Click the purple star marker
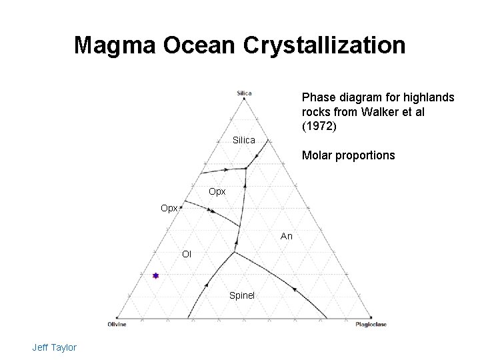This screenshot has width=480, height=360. point(155,275)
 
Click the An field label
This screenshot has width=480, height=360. point(287,236)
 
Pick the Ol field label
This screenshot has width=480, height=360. point(187,253)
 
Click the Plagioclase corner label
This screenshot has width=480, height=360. point(371,325)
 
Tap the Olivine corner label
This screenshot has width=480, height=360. point(117,325)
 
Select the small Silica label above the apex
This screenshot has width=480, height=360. point(244,93)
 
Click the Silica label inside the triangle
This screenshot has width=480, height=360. point(244,140)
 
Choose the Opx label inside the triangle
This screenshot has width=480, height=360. point(217,191)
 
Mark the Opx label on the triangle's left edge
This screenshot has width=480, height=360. point(169,208)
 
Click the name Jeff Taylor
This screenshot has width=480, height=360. point(54,347)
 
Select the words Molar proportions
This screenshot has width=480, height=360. point(348,155)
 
